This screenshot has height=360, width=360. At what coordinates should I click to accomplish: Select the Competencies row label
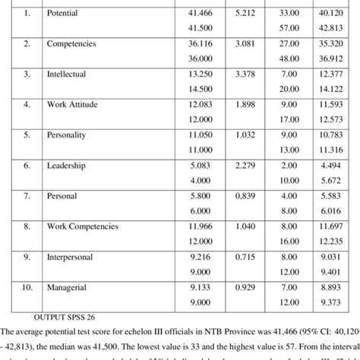(72, 43)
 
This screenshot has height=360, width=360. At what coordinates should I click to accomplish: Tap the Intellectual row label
(66, 74)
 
